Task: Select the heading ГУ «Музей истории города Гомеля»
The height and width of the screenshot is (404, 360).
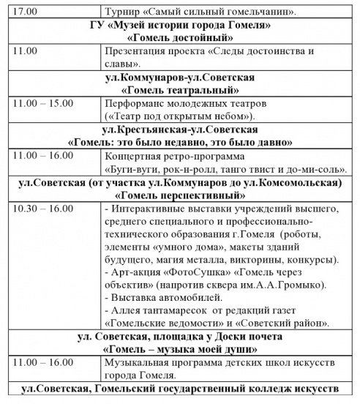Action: pyautogui.click(x=181, y=26)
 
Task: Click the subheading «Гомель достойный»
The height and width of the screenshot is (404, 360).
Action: pyautogui.click(x=180, y=39)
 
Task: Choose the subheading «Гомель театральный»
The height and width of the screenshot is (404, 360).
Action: pyautogui.click(x=180, y=90)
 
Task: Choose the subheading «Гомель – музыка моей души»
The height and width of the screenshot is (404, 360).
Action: pyautogui.click(x=180, y=348)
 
